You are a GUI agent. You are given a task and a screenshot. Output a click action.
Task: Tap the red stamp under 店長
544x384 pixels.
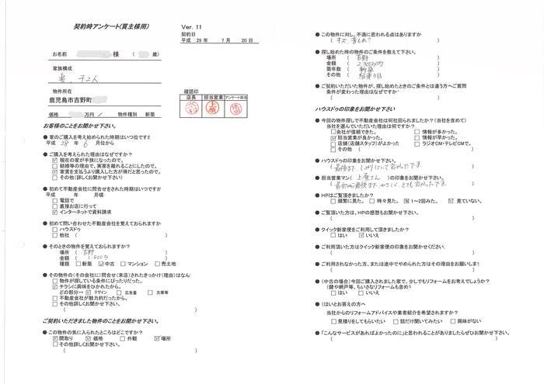(190, 110)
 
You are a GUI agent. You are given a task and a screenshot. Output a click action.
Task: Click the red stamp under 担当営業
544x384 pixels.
(214, 110)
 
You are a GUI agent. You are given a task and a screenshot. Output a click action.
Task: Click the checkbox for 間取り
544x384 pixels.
(54, 339)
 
